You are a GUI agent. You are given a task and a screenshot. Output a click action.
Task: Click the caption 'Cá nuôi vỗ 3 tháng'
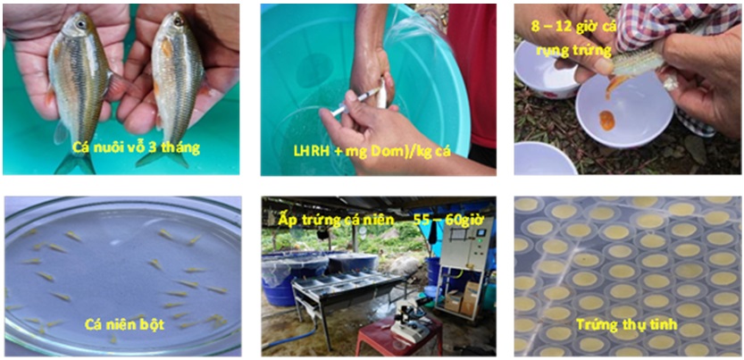136,148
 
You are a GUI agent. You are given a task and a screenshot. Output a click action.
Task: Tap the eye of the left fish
80,21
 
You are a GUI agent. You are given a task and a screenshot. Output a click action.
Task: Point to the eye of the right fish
179,21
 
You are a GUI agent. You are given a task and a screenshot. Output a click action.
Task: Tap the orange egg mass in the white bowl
607,121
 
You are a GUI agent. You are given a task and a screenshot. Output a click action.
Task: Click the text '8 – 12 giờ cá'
573,27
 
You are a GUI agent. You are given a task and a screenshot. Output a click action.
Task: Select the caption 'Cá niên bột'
124,325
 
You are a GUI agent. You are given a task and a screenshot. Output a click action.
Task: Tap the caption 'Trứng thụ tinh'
625,325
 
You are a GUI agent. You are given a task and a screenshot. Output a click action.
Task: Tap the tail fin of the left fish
74,162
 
